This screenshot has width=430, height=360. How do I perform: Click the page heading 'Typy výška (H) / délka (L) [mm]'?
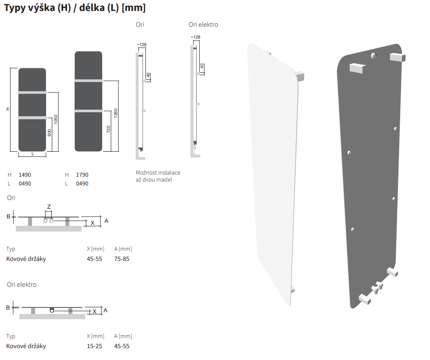75,7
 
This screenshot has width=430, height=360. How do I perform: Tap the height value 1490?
25,175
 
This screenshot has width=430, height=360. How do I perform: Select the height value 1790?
82,175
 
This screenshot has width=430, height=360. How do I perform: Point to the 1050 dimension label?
56,119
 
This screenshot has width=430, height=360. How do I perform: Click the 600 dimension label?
49,133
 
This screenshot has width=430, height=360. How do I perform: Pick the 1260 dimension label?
115,114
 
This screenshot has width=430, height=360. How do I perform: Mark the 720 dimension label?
108,129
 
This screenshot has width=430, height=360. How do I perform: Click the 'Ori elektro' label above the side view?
203,25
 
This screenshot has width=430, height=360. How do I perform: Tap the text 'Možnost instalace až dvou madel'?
158,176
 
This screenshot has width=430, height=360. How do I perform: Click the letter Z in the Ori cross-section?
49,207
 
